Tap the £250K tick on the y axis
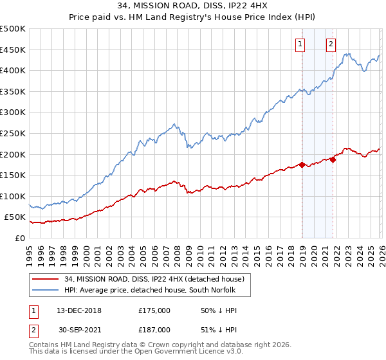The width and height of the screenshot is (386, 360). (x=13, y=133)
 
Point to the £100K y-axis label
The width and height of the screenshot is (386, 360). (x=13, y=196)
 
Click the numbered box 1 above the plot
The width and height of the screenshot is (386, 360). (x=300, y=44)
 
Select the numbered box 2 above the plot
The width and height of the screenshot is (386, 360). (x=331, y=44)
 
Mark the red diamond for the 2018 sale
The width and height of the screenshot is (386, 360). (x=302, y=165)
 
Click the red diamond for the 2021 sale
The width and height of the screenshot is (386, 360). (x=333, y=159)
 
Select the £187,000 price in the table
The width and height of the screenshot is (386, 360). (x=154, y=329)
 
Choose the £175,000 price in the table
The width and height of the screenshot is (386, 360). (x=154, y=310)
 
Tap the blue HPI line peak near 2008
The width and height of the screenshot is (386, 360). (x=174, y=123)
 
